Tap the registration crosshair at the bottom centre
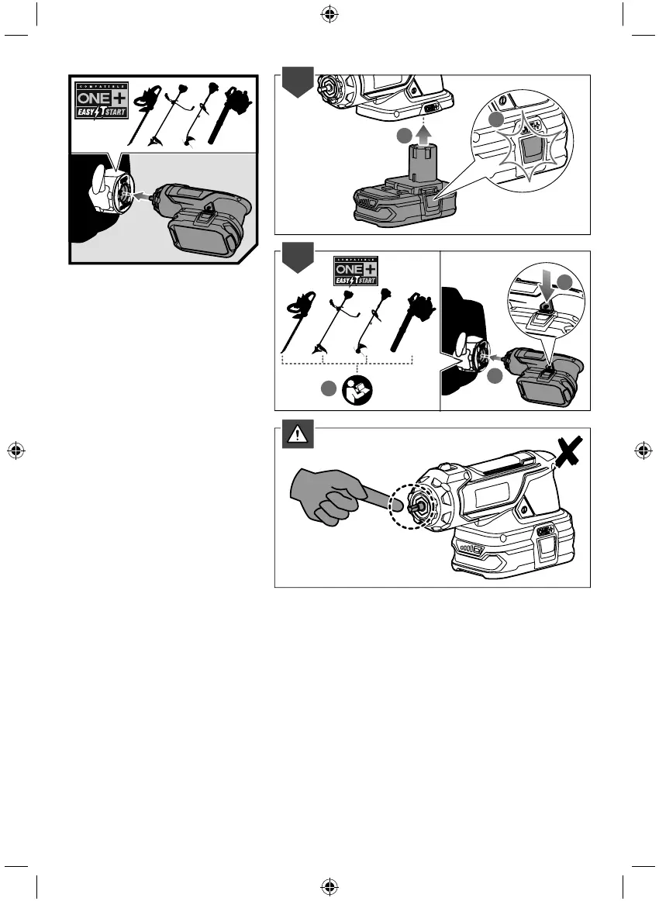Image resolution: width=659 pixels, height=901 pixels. (x=329, y=886)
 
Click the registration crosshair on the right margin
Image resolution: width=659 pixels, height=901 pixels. (x=643, y=450)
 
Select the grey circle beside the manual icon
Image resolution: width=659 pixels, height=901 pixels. (x=329, y=390)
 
